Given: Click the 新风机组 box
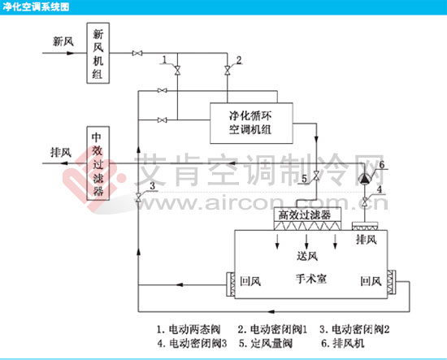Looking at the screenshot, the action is pyautogui.click(x=98, y=53).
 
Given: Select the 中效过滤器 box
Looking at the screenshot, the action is pyautogui.click(x=98, y=163).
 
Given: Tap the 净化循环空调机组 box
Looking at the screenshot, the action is pyautogui.click(x=251, y=124).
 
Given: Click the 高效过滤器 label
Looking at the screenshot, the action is pyautogui.click(x=305, y=215).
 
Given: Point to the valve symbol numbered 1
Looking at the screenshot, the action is pyautogui.click(x=177, y=70).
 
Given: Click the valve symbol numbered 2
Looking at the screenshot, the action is pyautogui.click(x=228, y=70).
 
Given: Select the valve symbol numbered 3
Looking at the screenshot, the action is pyautogui.click(x=138, y=197).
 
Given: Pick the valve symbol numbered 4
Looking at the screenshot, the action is pyautogui.click(x=365, y=202).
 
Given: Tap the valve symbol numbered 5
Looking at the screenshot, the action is pyautogui.click(x=316, y=176).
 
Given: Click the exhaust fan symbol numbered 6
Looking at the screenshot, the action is pyautogui.click(x=365, y=178).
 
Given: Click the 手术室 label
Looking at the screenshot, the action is pyautogui.click(x=311, y=279).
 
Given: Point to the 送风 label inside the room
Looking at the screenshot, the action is pyautogui.click(x=307, y=256).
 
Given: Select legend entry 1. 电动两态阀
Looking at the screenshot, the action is pyautogui.click(x=189, y=329).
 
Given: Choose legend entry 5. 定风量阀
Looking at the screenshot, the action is pyautogui.click(x=266, y=343).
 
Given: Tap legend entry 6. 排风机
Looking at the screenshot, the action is pyautogui.click(x=343, y=343).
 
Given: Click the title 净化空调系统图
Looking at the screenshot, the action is pyautogui.click(x=36, y=7).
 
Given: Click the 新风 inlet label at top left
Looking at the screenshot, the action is pyautogui.click(x=63, y=41).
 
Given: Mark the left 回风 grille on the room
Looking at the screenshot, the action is pyautogui.click(x=231, y=284).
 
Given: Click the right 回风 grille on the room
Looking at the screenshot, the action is pyautogui.click(x=392, y=282).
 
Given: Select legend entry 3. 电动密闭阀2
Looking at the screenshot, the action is pyautogui.click(x=354, y=329).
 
